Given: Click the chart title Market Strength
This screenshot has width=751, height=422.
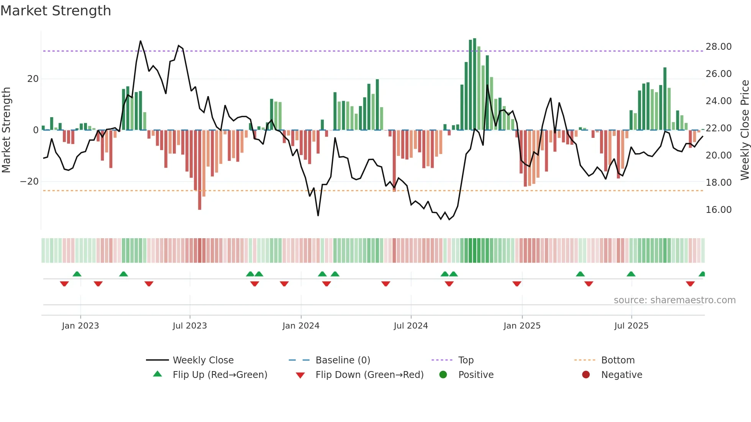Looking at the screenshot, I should tap(56, 11).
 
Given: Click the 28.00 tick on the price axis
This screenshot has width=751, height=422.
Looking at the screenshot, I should tap(718, 47).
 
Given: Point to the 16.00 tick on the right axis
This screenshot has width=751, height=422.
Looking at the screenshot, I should tap(718, 210).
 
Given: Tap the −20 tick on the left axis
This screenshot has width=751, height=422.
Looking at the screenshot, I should tap(30, 182).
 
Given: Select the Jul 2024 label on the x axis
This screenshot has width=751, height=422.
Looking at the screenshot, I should tap(411, 326).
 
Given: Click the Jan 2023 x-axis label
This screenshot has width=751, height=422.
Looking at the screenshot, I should tap(80, 326).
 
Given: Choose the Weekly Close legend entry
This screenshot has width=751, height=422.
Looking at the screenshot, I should tap(203, 360).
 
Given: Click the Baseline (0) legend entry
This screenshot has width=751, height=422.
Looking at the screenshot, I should tap(343, 360).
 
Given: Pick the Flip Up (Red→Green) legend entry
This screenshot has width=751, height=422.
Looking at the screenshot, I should tap(220, 375).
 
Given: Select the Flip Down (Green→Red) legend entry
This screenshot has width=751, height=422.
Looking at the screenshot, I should tap(369, 375).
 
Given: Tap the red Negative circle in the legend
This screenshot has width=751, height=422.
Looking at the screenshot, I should tap(586, 375).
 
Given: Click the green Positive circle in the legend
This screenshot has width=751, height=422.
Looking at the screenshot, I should tap(443, 375).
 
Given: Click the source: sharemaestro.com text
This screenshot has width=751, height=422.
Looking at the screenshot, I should tap(674, 300).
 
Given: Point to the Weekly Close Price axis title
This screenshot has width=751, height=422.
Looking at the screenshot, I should tap(744, 130).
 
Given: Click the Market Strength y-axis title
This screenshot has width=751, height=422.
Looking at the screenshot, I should tap(7, 130).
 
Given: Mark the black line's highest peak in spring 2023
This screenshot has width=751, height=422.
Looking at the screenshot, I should tap(141, 41).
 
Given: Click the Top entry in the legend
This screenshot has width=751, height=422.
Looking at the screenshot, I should tap(466, 360).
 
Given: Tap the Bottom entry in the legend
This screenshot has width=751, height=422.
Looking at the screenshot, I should tap(618, 360).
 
